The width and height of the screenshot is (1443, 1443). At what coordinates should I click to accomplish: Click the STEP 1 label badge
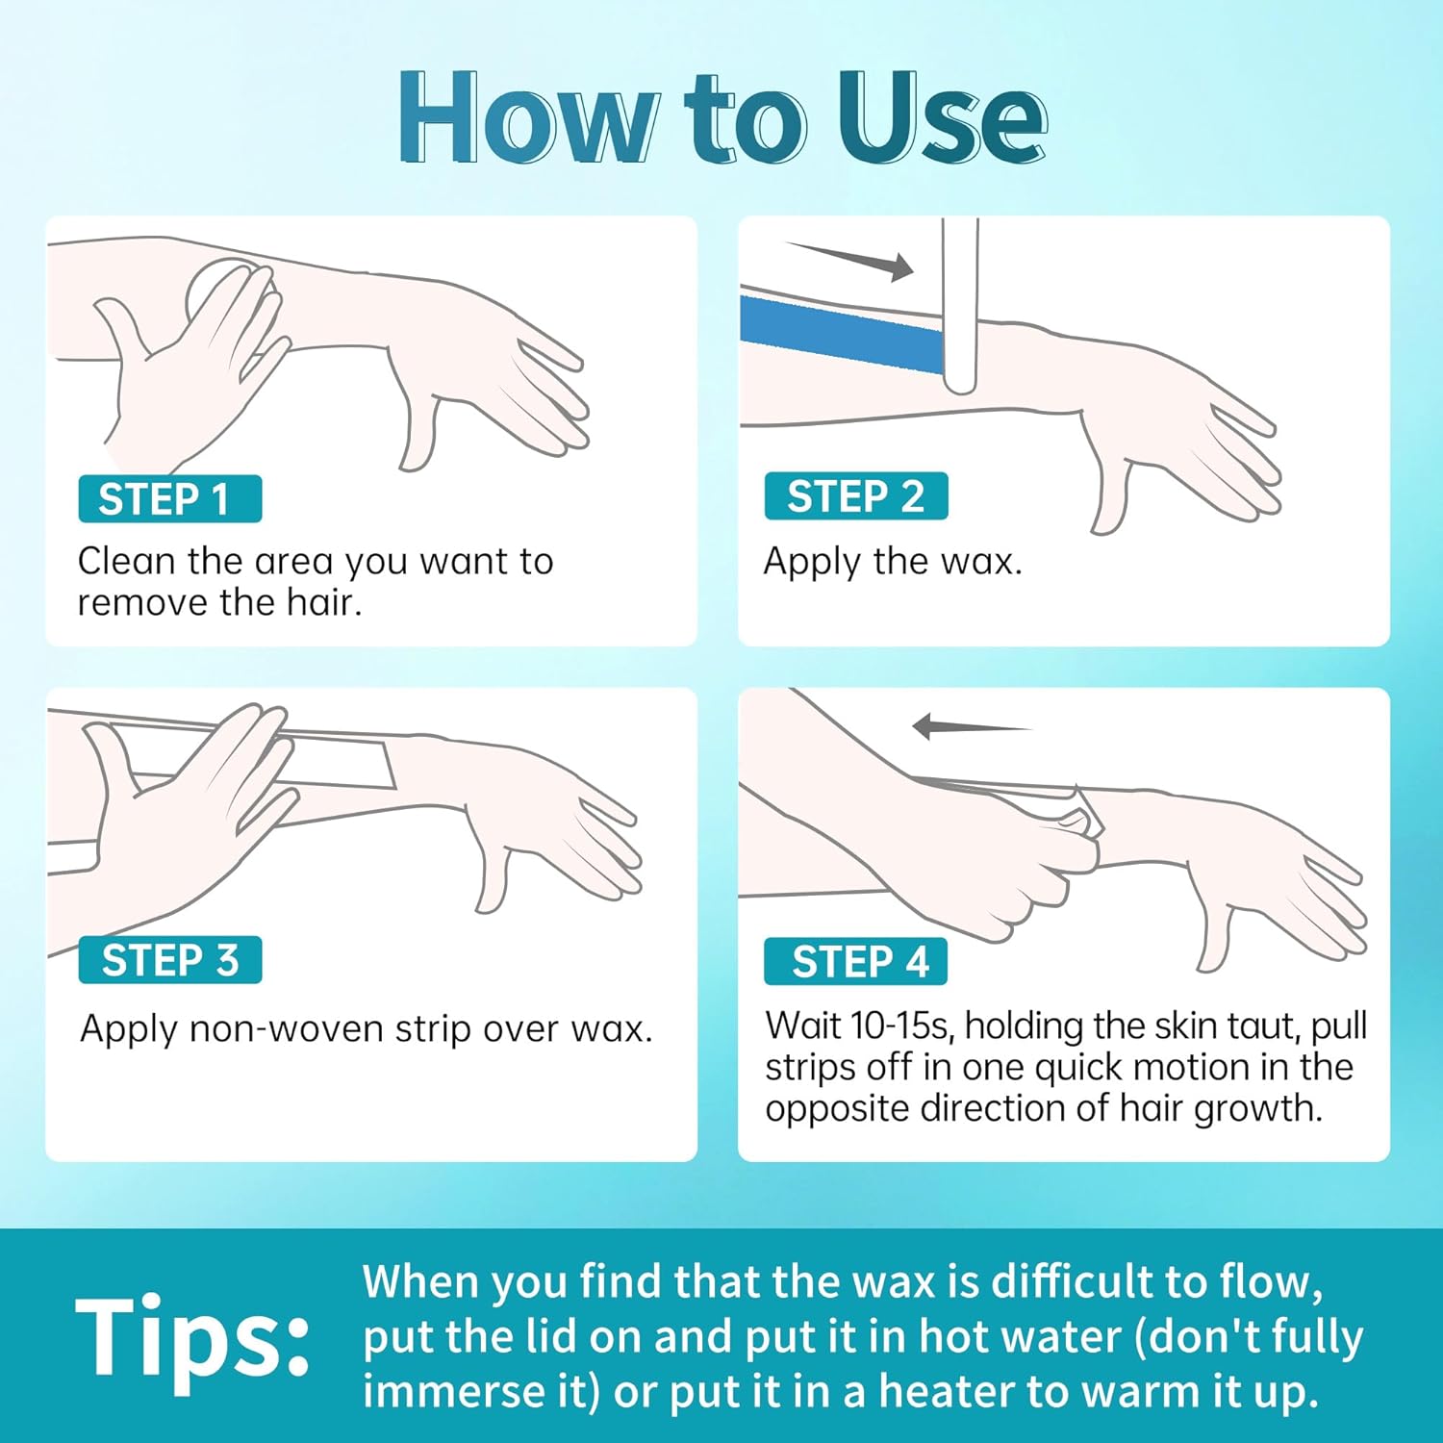170,499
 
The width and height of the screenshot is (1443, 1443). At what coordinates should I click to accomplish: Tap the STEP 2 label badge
856,496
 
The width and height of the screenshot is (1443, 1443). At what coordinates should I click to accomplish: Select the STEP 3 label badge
170,960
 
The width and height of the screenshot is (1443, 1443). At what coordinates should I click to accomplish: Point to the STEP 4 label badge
856,962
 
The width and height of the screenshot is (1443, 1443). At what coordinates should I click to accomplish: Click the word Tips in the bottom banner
192,1337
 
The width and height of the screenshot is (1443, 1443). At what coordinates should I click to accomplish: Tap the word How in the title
528,117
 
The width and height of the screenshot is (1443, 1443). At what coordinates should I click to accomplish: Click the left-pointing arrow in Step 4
972,726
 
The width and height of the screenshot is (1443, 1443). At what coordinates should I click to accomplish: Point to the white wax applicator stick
960,305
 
